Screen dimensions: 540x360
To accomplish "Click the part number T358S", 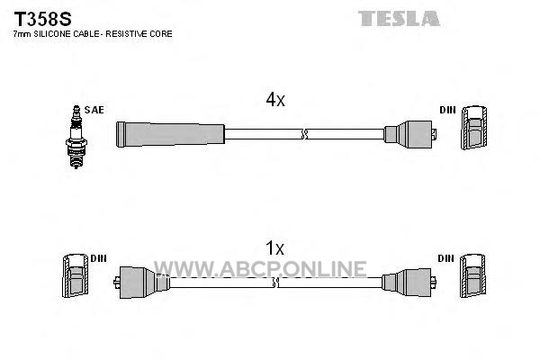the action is click(x=42, y=19).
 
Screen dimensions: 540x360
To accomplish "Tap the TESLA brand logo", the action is click(x=399, y=19).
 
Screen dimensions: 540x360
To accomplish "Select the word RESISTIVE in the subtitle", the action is click(x=126, y=34).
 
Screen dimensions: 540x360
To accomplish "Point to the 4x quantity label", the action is click(x=275, y=100).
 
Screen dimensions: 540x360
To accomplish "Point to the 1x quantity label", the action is click(x=274, y=248).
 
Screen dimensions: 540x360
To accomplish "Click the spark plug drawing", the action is click(x=76, y=137).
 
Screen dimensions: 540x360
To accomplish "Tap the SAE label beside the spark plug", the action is click(x=94, y=110).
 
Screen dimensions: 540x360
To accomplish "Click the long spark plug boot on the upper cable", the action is click(x=170, y=134).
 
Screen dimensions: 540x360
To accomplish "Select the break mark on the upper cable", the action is click(x=304, y=134).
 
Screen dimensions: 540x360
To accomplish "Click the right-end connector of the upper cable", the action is click(x=410, y=134).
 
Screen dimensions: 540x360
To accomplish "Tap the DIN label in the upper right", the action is click(x=447, y=110).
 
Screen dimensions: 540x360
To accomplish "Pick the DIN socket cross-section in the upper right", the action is click(x=474, y=128).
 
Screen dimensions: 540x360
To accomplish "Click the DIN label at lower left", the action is click(x=98, y=258).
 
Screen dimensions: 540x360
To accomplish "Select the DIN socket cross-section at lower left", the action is click(x=75, y=275).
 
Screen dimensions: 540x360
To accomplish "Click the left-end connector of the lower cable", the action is click(x=141, y=283).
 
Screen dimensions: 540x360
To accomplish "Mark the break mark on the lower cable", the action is click(x=275, y=283).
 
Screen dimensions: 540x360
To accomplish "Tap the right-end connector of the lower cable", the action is click(x=409, y=282).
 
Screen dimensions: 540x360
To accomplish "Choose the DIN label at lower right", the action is click(x=446, y=258).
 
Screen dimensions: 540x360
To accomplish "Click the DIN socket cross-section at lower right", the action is click(x=472, y=275).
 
